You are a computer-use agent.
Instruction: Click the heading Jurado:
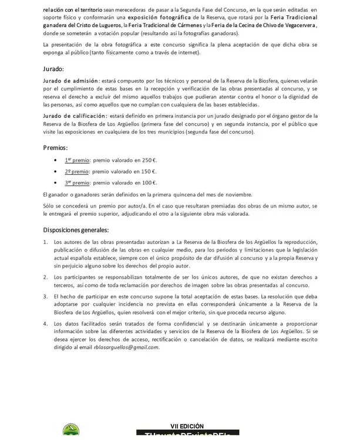tap(55, 69)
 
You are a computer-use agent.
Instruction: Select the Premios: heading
tap(56, 148)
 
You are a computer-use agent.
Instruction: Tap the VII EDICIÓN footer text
tap(187, 426)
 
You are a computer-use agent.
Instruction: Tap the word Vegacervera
tap(297, 25)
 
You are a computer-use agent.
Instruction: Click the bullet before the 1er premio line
tap(56, 160)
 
